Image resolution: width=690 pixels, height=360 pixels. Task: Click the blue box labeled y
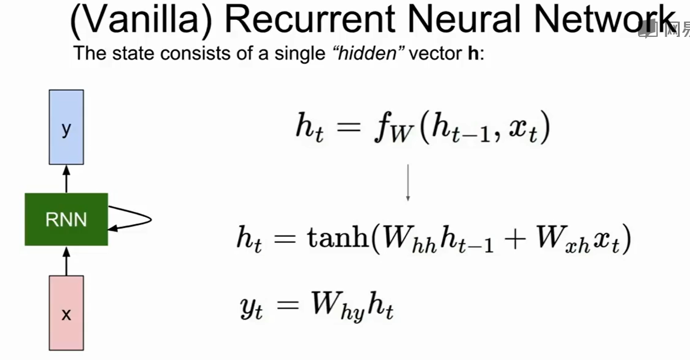pos(66,127)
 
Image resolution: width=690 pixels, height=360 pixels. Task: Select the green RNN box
pos(66,219)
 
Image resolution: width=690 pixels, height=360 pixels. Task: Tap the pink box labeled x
pos(66,313)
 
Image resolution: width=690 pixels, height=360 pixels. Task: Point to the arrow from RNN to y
pos(66,179)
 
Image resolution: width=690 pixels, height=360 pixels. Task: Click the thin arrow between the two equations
pos(408,181)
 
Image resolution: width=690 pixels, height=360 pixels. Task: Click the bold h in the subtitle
pos(473,54)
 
